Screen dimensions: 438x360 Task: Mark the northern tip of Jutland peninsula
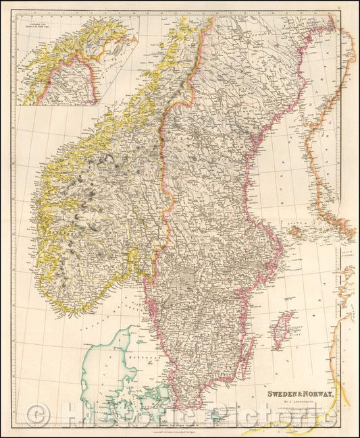120,327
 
